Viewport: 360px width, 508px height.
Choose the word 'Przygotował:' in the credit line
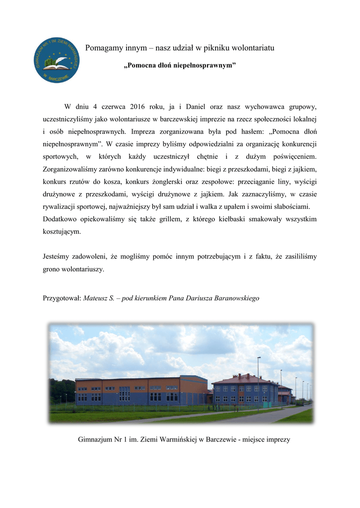[62, 298]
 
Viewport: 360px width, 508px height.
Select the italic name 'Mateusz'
[96, 298]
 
